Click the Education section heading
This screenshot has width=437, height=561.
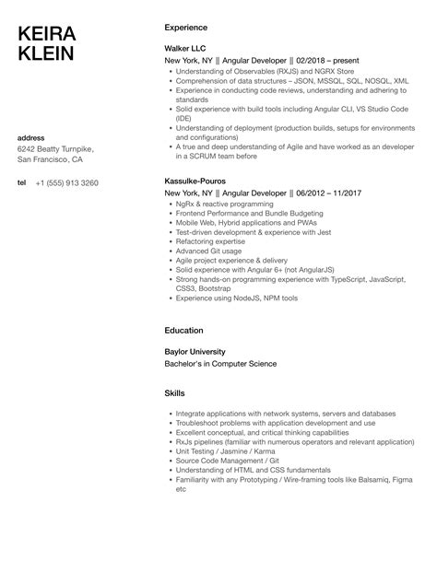tap(185, 330)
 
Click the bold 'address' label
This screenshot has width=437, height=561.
tap(32, 138)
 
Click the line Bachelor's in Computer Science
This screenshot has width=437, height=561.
tap(219, 363)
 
